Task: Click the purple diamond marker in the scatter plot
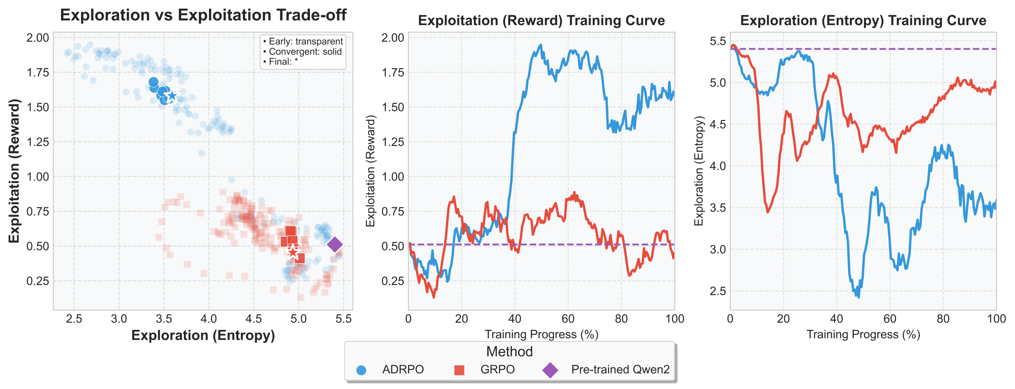335,244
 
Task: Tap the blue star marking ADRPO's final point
172,96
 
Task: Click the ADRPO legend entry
402,370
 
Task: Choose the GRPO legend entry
497,370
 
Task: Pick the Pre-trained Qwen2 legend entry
620,370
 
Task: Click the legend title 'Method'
509,351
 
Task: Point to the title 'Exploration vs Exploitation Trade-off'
203,15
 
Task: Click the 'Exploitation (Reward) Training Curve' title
541,20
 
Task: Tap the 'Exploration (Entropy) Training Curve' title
863,20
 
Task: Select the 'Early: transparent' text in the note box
302,42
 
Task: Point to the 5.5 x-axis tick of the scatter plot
343,319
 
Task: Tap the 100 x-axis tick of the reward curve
674,319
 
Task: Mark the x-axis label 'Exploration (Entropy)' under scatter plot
203,335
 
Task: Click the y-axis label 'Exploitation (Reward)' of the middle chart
371,171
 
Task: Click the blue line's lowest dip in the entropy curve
858,297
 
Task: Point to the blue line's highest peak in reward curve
541,45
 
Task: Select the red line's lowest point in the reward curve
434,297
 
